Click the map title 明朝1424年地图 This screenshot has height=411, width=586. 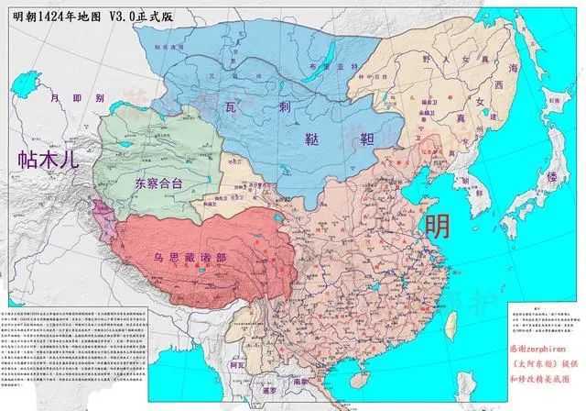click(x=63, y=14)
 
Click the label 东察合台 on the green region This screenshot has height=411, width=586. click(x=158, y=183)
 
